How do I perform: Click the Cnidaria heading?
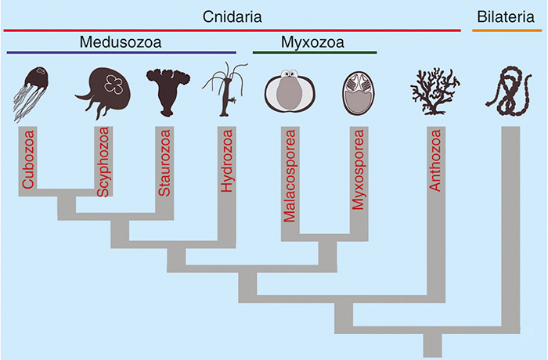pos(232,16)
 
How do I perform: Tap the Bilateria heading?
pos(506,16)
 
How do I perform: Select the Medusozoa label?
pos(121,42)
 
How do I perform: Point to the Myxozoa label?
pos(312,42)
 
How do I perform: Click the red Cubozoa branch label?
pos(28,159)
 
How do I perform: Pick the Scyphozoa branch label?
pos(103,162)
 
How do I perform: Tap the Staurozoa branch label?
pos(164,163)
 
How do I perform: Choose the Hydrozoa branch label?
pos(227,160)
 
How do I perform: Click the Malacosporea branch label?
pos(290,176)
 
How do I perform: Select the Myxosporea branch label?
pos(359,170)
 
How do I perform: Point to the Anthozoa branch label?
pos(435,160)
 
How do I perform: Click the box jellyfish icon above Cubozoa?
pos(31,94)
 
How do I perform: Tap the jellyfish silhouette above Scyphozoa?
pos(103,92)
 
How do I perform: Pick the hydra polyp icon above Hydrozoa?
pos(225,89)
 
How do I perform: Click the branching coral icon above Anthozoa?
pos(434,92)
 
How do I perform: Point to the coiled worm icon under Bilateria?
pos(509,92)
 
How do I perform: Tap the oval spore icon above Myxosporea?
pos(359,93)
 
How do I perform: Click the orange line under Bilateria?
pos(507,31)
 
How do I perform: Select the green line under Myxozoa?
pos(315,52)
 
